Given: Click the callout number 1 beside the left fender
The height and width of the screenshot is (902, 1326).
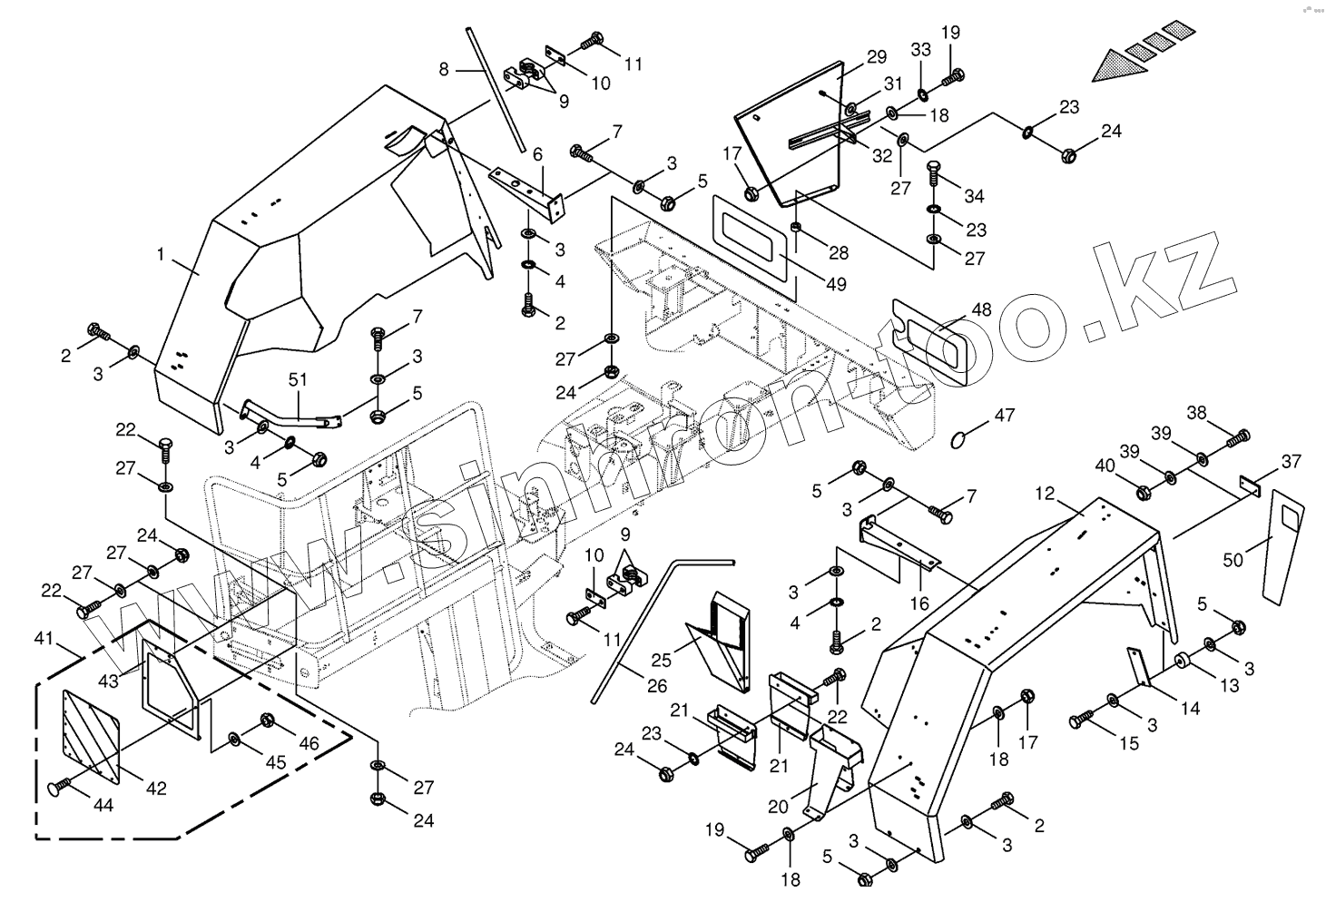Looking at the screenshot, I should coord(162,255).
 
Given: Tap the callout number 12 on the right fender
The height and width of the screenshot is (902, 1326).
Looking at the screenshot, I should coord(1045,494).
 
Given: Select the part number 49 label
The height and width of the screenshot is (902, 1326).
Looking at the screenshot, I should coord(836,284).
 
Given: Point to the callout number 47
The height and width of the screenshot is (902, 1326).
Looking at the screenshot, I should coord(1004,416).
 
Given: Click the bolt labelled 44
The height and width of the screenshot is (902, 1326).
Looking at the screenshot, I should coord(59,787).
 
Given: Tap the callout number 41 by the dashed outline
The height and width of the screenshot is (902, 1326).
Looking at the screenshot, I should coord(44,640).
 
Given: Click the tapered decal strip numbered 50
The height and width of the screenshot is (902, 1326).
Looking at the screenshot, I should coord(1282,544).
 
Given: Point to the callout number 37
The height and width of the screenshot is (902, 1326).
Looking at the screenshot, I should coord(1291,463).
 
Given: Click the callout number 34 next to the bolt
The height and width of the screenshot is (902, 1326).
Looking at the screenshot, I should coord(974,196).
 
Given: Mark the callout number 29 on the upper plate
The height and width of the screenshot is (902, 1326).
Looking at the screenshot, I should coord(876,57).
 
